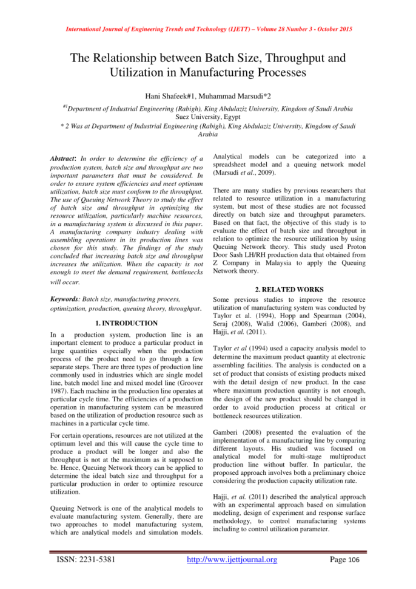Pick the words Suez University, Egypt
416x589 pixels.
point(207,120)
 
